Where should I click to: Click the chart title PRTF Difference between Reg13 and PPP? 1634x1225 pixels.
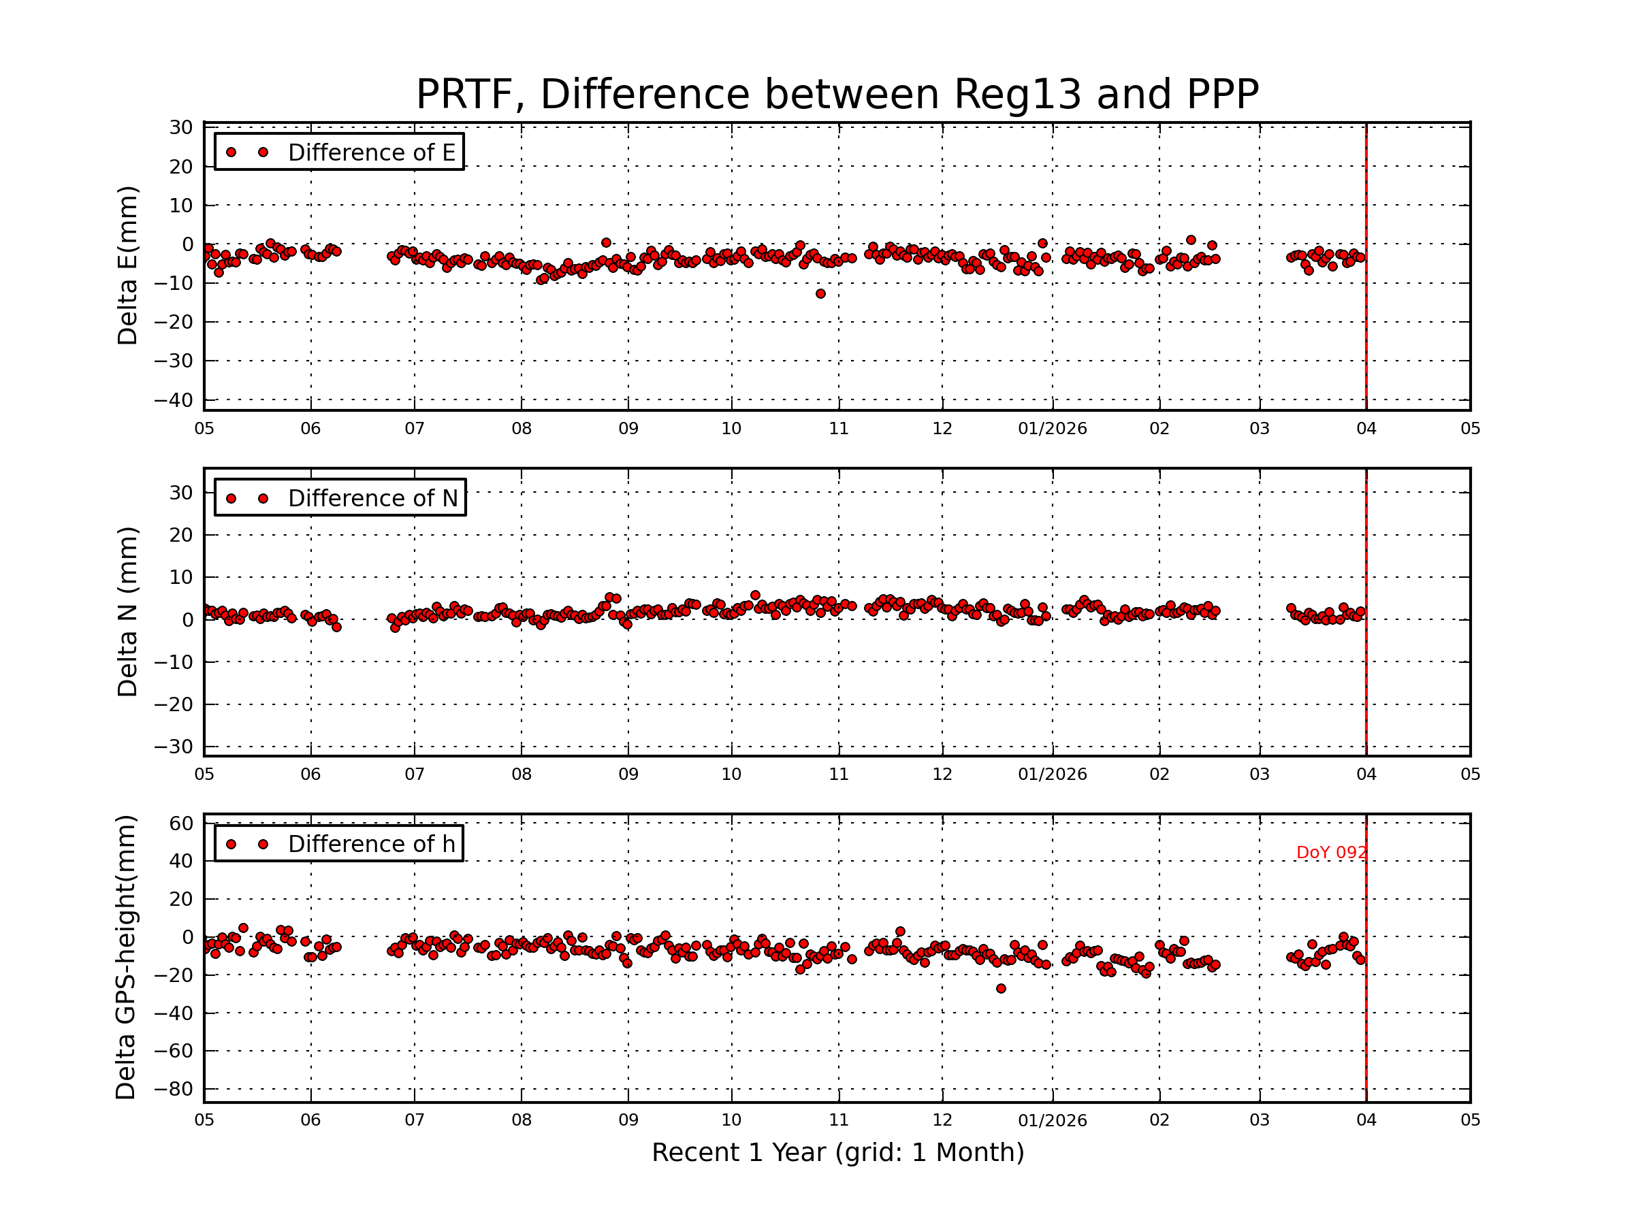pos(837,95)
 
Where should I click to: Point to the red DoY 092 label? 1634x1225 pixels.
pos(1330,853)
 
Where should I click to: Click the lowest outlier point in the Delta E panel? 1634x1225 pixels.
pos(820,294)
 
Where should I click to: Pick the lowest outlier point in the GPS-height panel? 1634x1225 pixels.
pos(1001,989)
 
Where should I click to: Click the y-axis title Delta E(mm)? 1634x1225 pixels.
pos(127,266)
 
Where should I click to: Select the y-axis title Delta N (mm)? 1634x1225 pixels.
pos(127,611)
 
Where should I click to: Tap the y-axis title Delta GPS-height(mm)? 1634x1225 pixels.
pos(125,958)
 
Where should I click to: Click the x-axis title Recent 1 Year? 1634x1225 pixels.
pos(837,1153)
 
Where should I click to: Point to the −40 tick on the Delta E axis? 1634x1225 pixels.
pos(174,400)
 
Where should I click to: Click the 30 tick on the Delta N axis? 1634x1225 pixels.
pos(181,493)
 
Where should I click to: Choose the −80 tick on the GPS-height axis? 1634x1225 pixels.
pos(174,1089)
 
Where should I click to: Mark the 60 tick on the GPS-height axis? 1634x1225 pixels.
pos(181,823)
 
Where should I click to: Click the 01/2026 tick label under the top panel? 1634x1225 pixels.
pos(1052,429)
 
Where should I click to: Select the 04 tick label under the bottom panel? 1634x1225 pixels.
pos(1366,1120)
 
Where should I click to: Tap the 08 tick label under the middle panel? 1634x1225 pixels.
pos(522,774)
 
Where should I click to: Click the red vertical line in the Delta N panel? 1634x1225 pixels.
pos(1366,613)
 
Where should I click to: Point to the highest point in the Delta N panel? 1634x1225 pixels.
pos(755,595)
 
